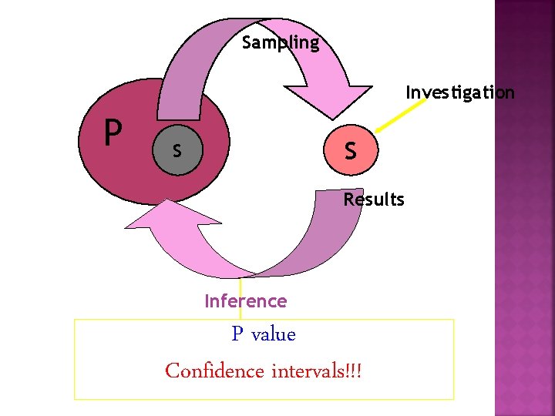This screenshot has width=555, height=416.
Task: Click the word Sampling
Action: tap(280, 43)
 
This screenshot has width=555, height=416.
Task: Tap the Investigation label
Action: tap(460, 93)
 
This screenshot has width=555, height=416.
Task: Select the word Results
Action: tap(374, 200)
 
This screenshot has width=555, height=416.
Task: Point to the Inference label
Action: tap(245, 301)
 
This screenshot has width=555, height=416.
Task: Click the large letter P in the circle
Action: tap(113, 133)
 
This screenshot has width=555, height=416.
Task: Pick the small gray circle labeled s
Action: tap(178, 150)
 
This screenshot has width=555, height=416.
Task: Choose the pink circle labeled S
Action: tap(351, 149)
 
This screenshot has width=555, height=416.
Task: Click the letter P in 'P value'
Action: tap(238, 334)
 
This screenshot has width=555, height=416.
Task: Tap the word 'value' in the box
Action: tap(274, 334)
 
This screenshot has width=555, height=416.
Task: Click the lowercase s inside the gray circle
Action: tap(177, 151)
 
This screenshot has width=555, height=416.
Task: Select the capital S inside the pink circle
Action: tap(351, 149)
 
